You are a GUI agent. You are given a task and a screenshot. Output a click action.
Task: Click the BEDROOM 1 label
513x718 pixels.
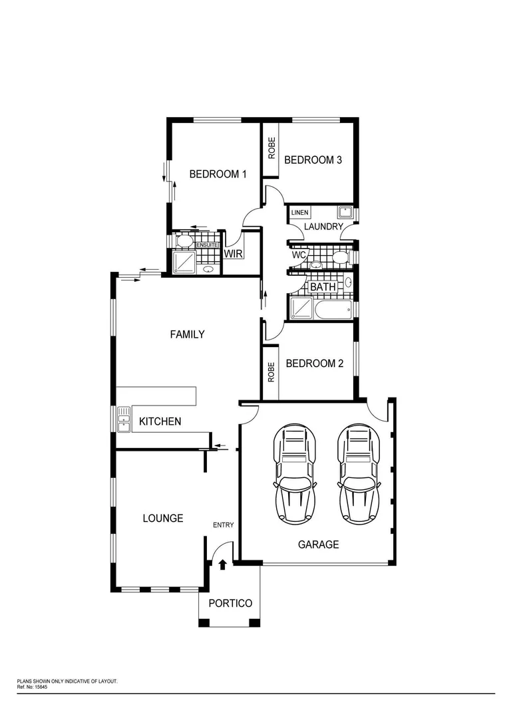pos(218,174)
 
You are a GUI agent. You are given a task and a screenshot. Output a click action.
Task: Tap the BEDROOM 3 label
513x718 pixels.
pos(313,160)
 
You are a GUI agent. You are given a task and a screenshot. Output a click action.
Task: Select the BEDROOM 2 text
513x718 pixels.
pos(314,364)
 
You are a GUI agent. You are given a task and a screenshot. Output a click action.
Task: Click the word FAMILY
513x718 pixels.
pos(187,334)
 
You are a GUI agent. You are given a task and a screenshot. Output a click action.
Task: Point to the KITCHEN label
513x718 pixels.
pos(160,421)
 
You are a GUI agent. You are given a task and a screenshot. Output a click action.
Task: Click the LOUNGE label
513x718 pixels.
pos(163,518)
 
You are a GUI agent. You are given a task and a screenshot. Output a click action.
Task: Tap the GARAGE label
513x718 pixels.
pos(318,544)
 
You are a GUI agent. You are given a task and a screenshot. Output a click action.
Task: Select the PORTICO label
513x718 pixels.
pos(230,603)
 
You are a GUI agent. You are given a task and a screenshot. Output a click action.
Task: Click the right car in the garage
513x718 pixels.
pos(360,474)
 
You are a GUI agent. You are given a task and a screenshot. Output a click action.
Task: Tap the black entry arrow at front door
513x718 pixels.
pos(223,564)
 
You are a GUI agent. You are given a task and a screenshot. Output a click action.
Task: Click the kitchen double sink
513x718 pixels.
pos(124,419)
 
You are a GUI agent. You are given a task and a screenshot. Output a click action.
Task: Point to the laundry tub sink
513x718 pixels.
pos(345,213)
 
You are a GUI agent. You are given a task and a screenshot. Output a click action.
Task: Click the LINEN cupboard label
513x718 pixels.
pos(300,213)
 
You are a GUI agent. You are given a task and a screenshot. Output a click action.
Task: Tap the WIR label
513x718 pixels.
pos(232,254)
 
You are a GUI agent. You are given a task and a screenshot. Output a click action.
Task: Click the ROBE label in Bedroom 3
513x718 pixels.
pos(271,148)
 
